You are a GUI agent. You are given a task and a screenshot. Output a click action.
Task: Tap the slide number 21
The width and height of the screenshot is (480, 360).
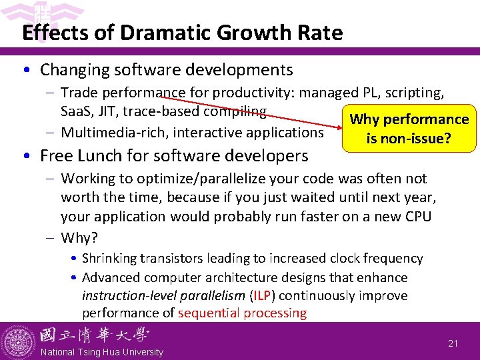pyautogui.click(x=453, y=343)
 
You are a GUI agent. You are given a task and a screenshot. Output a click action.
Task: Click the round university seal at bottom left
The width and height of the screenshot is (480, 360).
pyautogui.click(x=17, y=342)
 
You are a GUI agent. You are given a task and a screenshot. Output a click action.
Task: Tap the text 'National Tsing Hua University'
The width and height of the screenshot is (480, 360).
pyautogui.click(x=102, y=352)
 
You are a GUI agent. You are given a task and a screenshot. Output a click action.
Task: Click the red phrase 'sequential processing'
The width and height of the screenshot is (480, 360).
pyautogui.click(x=243, y=313)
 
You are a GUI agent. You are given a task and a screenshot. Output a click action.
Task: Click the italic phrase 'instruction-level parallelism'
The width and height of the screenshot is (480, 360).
pyautogui.click(x=158, y=295)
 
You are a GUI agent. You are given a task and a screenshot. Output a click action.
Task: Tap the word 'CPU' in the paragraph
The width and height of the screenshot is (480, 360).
pyautogui.click(x=418, y=216)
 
